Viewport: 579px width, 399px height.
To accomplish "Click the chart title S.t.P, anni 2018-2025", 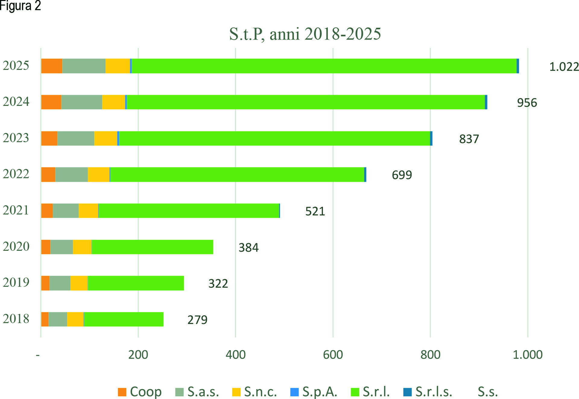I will pyautogui.click(x=305, y=34).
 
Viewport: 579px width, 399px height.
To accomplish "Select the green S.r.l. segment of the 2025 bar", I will pyautogui.click(x=324, y=66).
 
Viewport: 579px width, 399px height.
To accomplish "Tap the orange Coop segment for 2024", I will pyautogui.click(x=51, y=102).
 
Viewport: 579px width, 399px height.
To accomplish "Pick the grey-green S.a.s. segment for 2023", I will pyautogui.click(x=76, y=138).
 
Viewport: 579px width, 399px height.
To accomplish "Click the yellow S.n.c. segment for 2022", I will pyautogui.click(x=99, y=174).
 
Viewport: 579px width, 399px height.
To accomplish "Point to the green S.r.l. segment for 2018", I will pyautogui.click(x=124, y=319).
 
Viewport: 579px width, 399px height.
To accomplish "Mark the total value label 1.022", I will pyautogui.click(x=564, y=67).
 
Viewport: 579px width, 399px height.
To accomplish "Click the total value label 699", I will pyautogui.click(x=402, y=175).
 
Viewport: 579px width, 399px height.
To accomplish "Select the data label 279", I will pyautogui.click(x=197, y=320).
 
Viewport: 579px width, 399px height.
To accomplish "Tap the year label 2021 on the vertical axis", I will pyautogui.click(x=16, y=210).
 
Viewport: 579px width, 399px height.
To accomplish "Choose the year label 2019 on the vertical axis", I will pyautogui.click(x=16, y=282).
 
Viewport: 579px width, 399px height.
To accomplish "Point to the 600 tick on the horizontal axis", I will pyautogui.click(x=333, y=355).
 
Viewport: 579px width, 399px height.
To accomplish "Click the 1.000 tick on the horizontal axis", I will pyautogui.click(x=527, y=355).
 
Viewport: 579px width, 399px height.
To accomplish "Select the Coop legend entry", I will pyautogui.click(x=140, y=392).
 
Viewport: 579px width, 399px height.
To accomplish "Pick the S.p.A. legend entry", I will pyautogui.click(x=314, y=392).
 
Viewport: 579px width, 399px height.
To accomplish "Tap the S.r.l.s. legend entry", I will pyautogui.click(x=428, y=392).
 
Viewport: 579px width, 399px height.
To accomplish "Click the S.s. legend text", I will pyautogui.click(x=487, y=392).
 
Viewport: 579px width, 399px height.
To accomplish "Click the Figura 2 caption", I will pyautogui.click(x=20, y=6).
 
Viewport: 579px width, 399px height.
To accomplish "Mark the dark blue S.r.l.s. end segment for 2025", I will pyautogui.click(x=518, y=66).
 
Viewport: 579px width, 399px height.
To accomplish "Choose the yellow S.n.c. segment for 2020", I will pyautogui.click(x=82, y=247).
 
